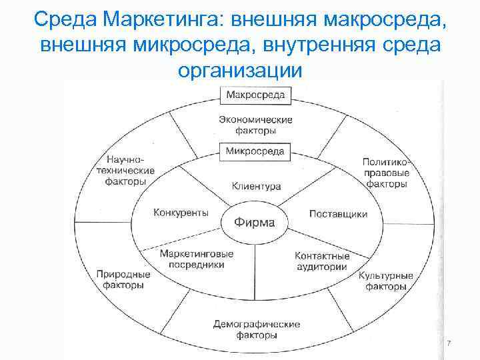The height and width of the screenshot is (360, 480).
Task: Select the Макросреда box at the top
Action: point(255,95)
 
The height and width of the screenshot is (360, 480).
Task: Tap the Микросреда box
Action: point(255,151)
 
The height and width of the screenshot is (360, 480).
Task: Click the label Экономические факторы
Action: point(255,125)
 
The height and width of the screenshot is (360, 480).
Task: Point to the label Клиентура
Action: point(256,186)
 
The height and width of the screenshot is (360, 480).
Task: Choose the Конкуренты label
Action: point(181,213)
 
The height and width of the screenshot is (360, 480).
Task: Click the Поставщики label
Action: point(338,214)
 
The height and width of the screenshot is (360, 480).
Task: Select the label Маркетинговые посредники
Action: point(197,259)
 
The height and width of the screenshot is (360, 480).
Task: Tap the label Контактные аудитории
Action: point(321,261)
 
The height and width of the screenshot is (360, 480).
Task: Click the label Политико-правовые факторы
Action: point(385,173)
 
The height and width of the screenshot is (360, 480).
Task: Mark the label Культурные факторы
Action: point(386,281)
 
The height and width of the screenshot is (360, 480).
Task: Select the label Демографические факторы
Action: point(257,330)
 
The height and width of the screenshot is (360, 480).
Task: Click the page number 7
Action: point(449,343)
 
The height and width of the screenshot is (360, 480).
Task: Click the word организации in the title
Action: point(240,69)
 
